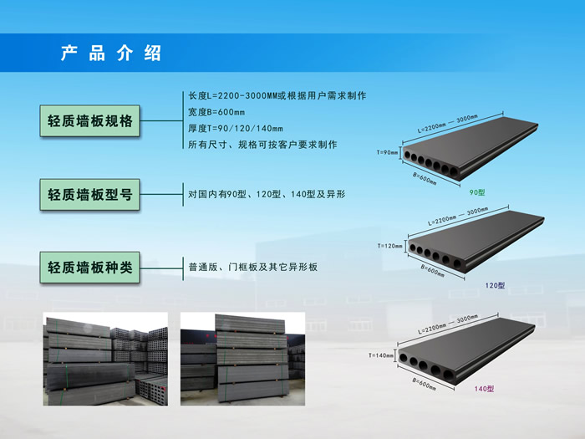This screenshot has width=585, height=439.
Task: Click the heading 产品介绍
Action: [x=110, y=54]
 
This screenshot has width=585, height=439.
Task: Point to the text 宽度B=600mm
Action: [x=216, y=112]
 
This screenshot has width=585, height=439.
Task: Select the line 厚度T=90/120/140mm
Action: [x=236, y=128]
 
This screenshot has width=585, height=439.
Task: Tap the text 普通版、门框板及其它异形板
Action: [x=253, y=268]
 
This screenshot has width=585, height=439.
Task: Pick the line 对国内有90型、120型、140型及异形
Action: [x=267, y=195]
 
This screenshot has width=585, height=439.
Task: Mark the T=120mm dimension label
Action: [x=390, y=246]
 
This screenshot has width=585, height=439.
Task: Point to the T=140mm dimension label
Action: [x=381, y=355]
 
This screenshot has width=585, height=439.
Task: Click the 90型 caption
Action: [x=477, y=193]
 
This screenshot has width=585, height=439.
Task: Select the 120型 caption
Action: [x=495, y=285]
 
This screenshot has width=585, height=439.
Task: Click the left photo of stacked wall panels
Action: [x=105, y=359]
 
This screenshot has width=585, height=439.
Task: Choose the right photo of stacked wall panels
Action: [x=243, y=359]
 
